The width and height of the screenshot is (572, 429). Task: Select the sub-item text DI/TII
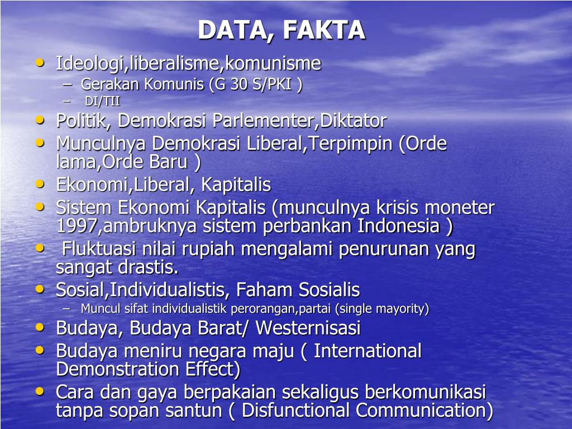tap(103, 102)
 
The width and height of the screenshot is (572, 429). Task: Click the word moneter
tap(460, 208)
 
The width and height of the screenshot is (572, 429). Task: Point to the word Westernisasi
tap(308, 328)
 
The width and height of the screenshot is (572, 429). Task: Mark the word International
tap(368, 351)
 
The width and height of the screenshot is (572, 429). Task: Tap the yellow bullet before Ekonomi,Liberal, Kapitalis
tap(40, 183)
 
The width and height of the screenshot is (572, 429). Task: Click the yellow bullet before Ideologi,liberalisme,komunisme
tap(40, 63)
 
